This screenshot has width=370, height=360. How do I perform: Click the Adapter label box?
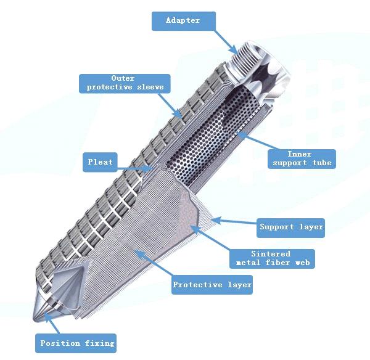click(184, 21)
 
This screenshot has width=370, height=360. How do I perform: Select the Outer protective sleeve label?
click(125, 84)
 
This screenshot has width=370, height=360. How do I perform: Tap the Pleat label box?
click(100, 162)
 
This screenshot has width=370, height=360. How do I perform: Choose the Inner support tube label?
click(302, 159)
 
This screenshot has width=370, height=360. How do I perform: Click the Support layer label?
click(290, 227)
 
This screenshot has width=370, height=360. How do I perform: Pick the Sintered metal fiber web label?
click(273, 259)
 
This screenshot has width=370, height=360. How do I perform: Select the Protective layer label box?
click(212, 285)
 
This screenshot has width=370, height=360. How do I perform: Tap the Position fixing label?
click(76, 343)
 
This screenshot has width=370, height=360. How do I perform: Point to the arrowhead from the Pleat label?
click(148, 169)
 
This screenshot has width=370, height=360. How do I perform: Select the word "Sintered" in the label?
click(271, 254)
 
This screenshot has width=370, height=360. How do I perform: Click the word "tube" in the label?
click(322, 163)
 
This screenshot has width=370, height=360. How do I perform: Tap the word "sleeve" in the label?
click(150, 87)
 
